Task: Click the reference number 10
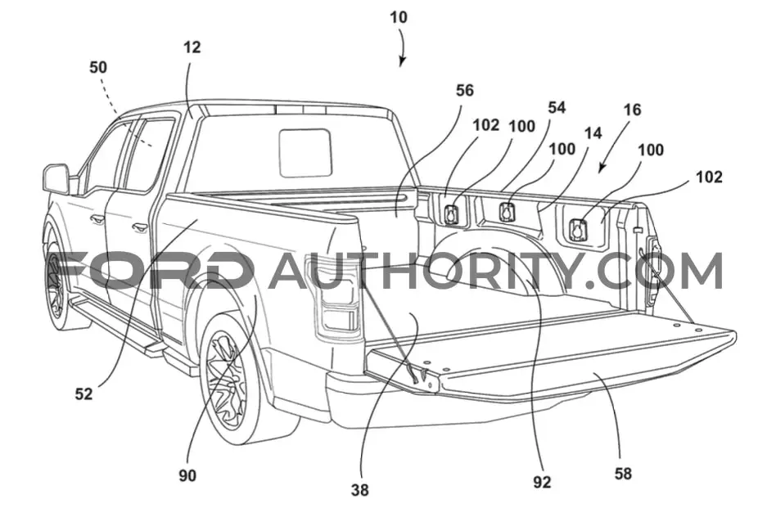[398, 17]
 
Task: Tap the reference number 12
[192, 47]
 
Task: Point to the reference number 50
[98, 67]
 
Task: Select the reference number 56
[465, 91]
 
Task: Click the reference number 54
[556, 107]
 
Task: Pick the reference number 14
[593, 133]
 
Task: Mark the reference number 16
[632, 110]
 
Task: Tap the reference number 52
[83, 393]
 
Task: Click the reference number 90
[187, 475]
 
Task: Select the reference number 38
[359, 490]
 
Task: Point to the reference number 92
[542, 483]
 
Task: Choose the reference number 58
[623, 473]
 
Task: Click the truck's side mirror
[56, 179]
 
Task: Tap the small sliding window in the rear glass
[305, 152]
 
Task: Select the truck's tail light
[334, 297]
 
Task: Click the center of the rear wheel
[226, 376]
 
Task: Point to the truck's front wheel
[56, 285]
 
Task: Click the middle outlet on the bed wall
[507, 212]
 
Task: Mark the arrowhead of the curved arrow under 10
[402, 61]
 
